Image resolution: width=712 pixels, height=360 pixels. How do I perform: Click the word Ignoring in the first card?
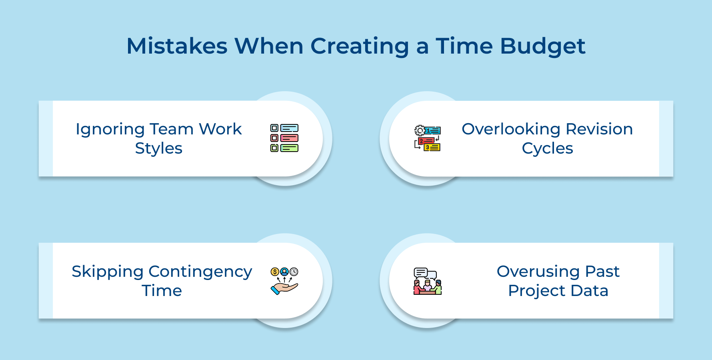110,129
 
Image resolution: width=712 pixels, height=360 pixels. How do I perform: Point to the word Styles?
159,148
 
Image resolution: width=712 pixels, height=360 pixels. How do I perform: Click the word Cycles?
547,148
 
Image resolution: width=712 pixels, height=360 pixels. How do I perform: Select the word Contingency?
200,272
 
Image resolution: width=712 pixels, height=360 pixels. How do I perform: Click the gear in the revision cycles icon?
420,130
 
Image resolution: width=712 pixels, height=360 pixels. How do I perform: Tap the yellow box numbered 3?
432,148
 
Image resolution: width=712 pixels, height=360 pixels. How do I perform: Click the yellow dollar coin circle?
275,272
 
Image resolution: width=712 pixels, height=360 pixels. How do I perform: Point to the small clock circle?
294,272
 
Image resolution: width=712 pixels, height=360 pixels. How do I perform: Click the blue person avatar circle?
284,272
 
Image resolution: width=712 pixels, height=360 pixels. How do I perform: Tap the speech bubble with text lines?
420,273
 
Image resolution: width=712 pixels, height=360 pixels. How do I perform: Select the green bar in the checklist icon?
289,148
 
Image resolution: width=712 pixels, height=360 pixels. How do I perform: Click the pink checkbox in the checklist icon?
274,138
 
